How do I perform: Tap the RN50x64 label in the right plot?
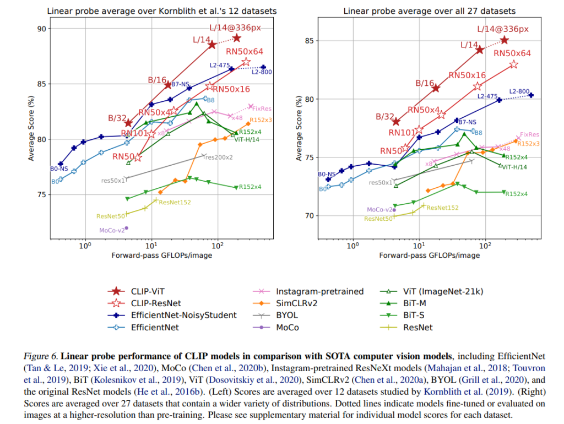coord(512,53)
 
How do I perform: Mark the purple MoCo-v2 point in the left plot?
coord(127,228)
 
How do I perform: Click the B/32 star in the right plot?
coord(397,122)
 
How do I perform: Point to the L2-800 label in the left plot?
coord(262,72)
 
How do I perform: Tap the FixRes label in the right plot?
coord(529,134)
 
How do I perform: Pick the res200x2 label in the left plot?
coord(219,157)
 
